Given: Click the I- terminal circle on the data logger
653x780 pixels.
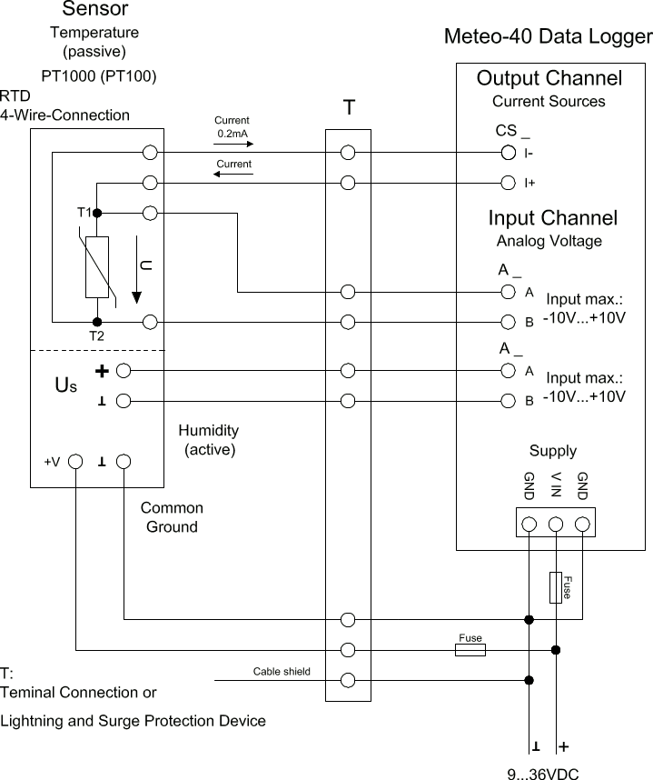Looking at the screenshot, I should coord(509,153).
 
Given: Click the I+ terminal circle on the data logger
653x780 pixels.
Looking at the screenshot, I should coord(509,183).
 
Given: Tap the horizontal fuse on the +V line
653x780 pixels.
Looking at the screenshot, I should coord(470,649).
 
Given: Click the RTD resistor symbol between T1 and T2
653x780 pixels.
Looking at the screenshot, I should coord(97,267).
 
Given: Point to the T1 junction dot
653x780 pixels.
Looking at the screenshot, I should coord(97,213).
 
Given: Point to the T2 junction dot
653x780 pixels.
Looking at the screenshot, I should coord(97,322).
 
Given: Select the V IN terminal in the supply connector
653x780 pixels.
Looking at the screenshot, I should coord(556,524).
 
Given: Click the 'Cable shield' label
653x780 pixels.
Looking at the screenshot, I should coord(281,672).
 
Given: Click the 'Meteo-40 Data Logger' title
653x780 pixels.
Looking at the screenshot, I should coord(548,37).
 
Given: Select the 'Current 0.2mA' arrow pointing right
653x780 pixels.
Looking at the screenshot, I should coord(232,144).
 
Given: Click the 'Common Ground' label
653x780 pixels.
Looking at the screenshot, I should coord(172,517).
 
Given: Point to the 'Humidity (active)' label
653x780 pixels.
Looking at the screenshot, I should coord(209,439).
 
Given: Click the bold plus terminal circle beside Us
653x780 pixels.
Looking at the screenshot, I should coord(124,370).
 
